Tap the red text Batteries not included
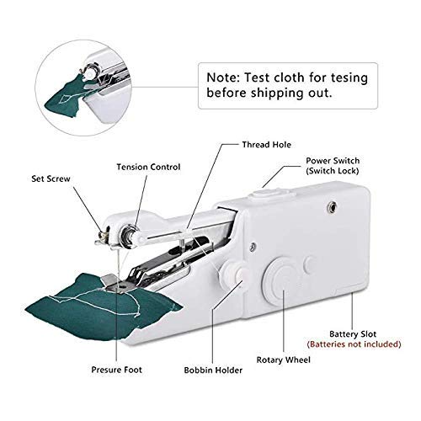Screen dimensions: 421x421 [x=361, y=345]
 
